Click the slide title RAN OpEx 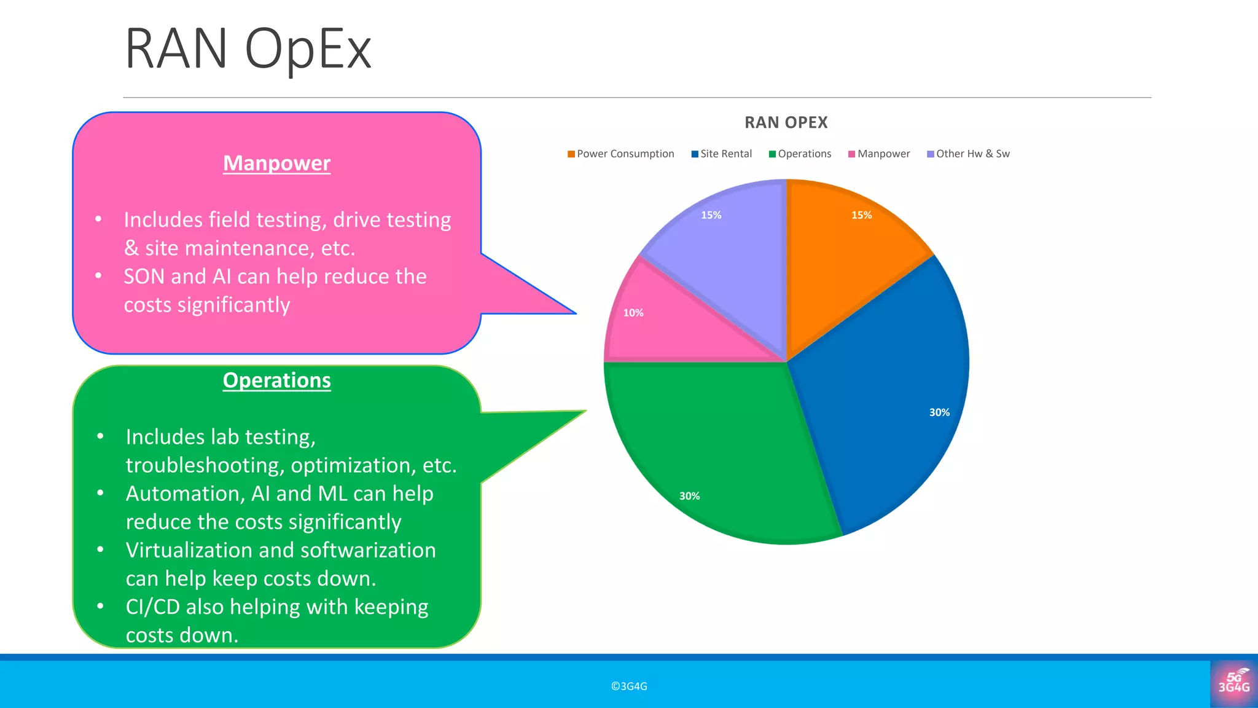coord(248,49)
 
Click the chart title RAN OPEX coord(786,122)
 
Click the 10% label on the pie coord(633,313)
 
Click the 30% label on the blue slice coord(939,412)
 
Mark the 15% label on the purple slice coord(711,215)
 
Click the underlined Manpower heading coord(276,163)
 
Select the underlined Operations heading coord(276,380)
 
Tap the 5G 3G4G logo coord(1233,683)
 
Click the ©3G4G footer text coord(629,686)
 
